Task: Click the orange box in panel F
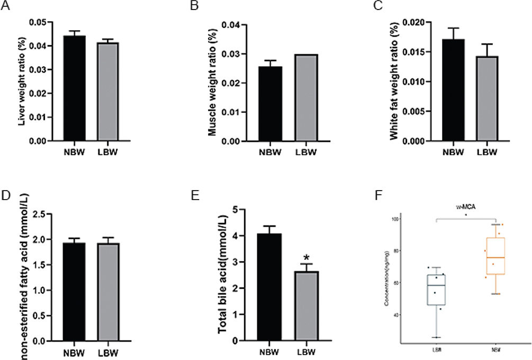(x=495, y=256)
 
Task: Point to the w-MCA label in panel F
(x=465, y=207)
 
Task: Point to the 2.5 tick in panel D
(x=48, y=214)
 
